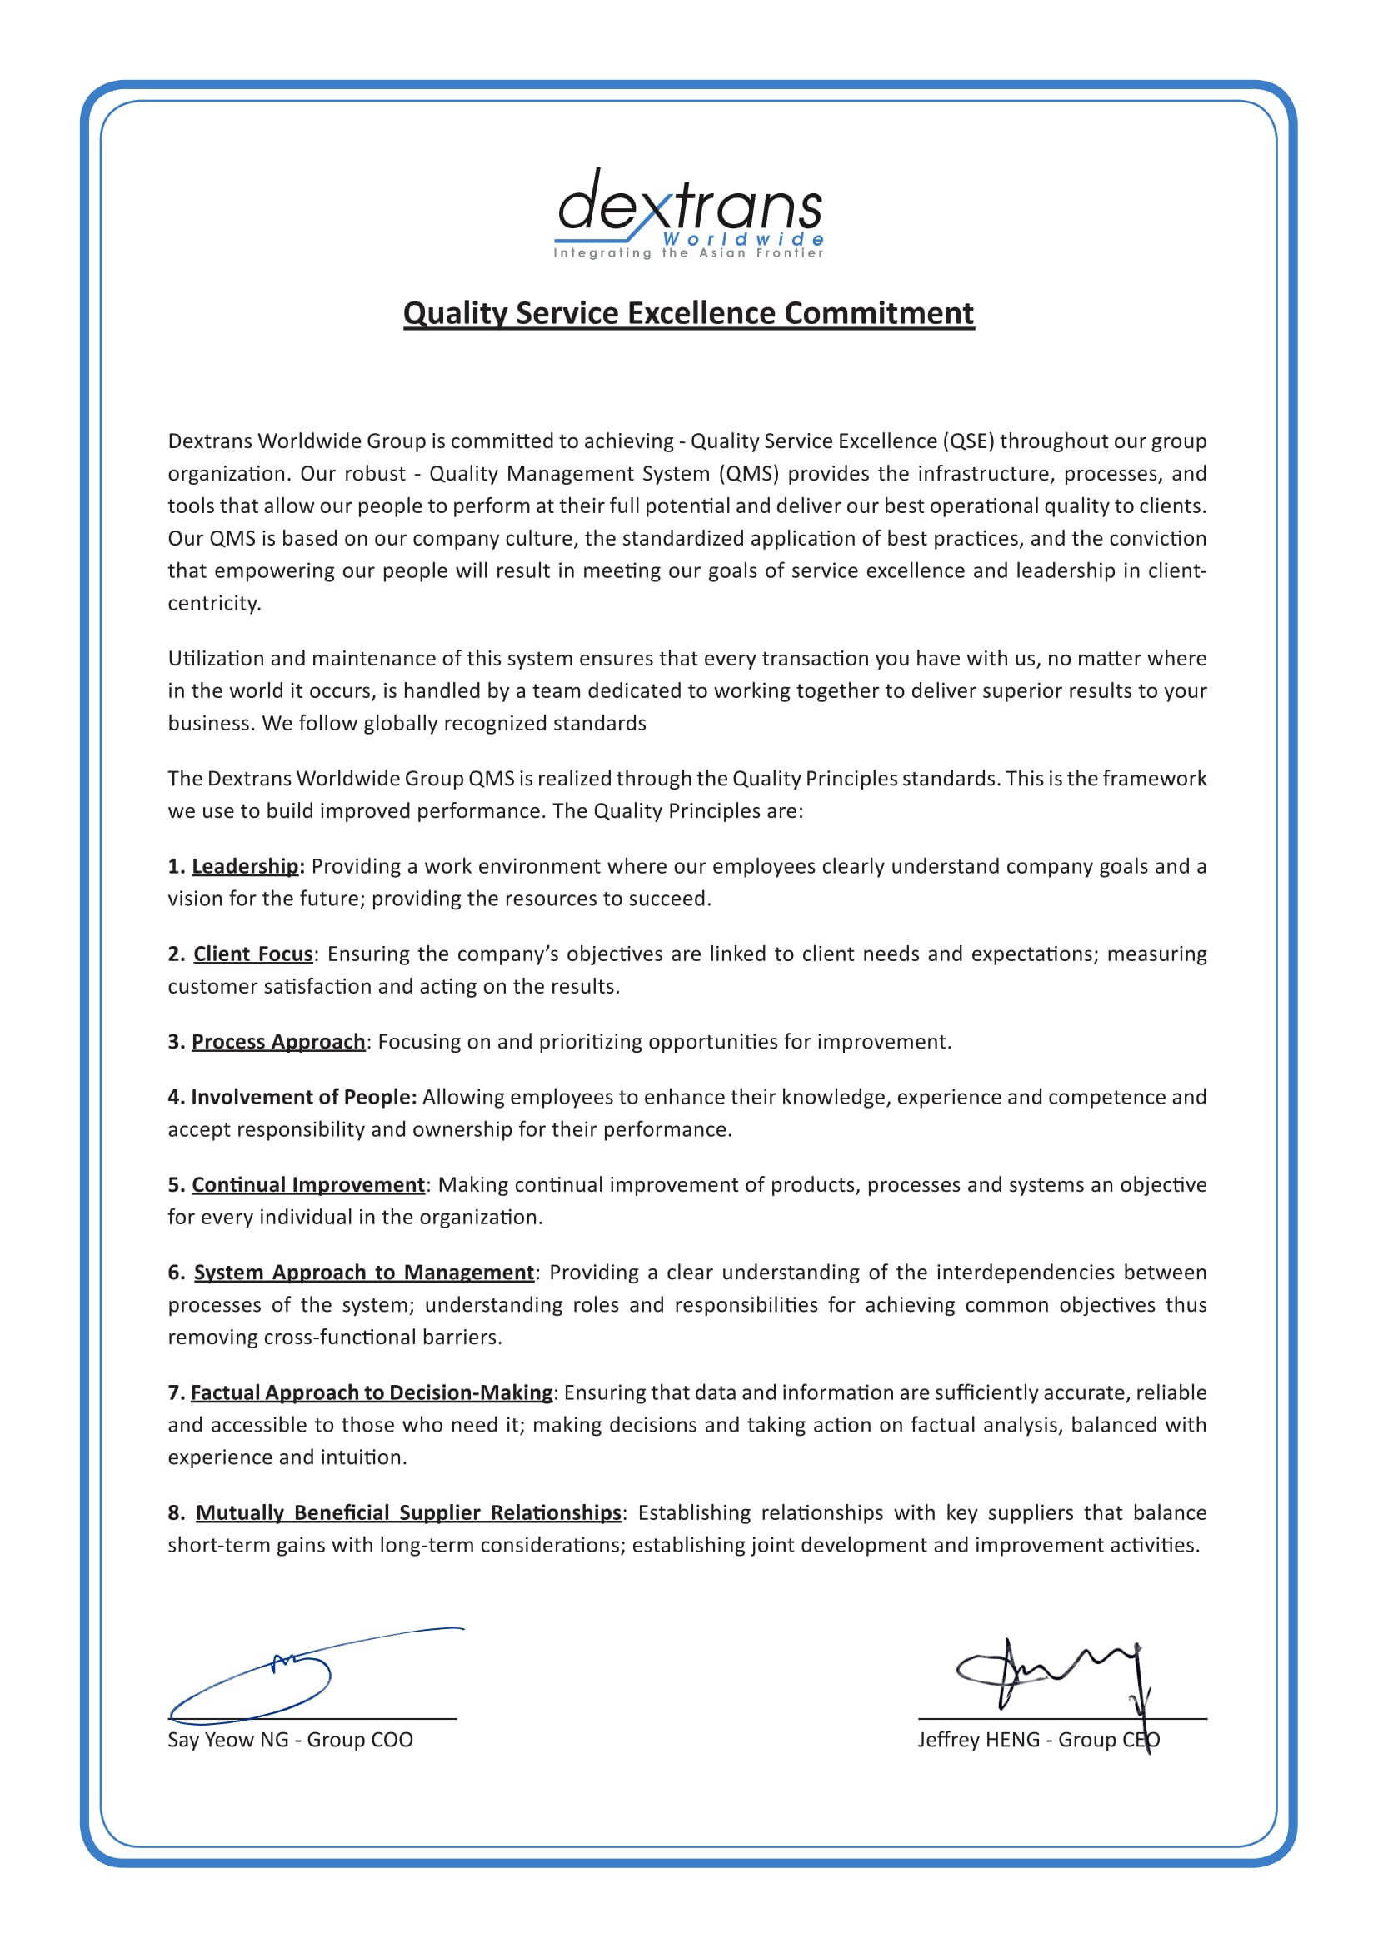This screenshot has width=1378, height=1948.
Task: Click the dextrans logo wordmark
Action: (689, 203)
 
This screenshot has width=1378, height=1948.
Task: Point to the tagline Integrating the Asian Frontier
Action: (688, 253)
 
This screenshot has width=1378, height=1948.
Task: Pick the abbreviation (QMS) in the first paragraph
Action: (749, 473)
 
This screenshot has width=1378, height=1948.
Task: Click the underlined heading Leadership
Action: (245, 866)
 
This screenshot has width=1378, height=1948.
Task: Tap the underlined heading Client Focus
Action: (253, 954)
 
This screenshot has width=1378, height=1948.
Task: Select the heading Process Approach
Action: (278, 1041)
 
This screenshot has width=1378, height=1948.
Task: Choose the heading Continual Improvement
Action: (308, 1184)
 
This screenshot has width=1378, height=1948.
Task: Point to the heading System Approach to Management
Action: (364, 1272)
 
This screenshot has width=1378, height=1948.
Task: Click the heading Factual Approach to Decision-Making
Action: (372, 1392)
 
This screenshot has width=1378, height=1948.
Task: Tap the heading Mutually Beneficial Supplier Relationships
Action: (408, 1512)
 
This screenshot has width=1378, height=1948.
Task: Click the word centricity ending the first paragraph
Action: (214, 603)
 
